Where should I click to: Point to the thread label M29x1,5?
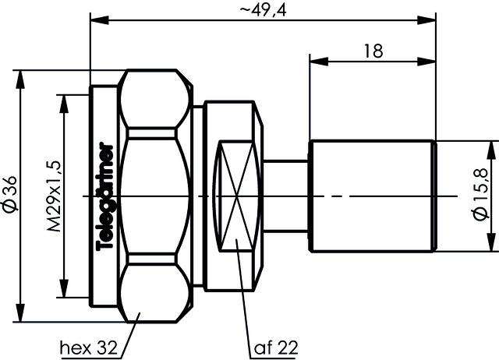55,194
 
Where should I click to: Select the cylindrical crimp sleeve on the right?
372,196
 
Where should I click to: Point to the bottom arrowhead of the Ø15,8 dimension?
491,247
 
